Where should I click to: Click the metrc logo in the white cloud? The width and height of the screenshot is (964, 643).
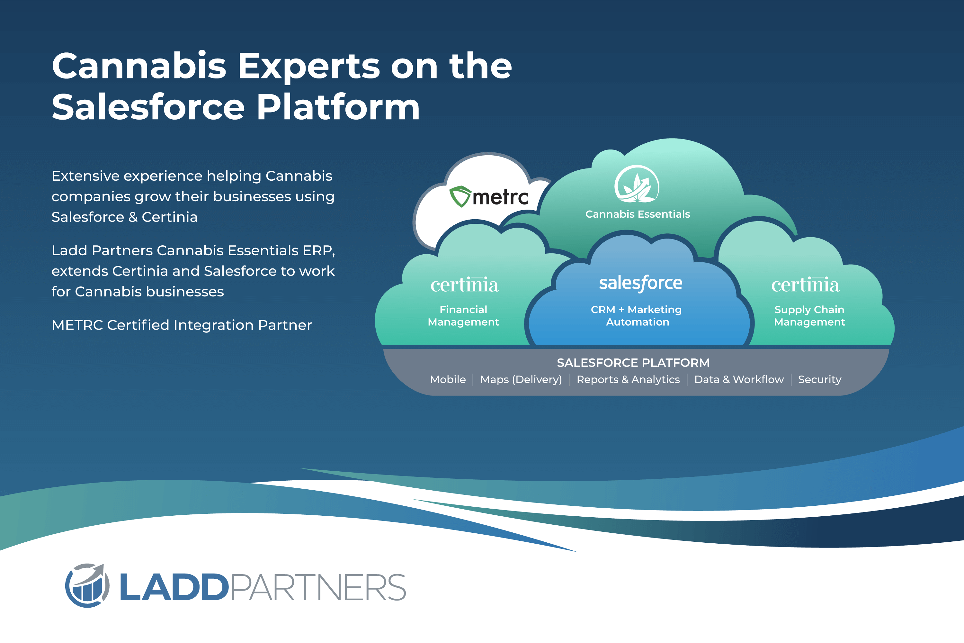pyautogui.click(x=488, y=196)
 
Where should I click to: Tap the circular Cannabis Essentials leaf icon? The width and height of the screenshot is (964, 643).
pyautogui.click(x=637, y=184)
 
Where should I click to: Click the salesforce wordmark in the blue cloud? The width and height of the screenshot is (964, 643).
pyautogui.click(x=641, y=283)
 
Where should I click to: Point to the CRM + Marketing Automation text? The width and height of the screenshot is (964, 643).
pyautogui.click(x=637, y=315)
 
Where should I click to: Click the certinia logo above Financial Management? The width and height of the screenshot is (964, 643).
pyautogui.click(x=464, y=284)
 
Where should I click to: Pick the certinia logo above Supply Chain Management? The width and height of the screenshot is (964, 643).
pyautogui.click(x=805, y=284)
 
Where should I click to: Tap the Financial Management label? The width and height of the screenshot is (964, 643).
pyautogui.click(x=463, y=315)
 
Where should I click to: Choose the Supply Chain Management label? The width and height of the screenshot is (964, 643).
pyautogui.click(x=809, y=315)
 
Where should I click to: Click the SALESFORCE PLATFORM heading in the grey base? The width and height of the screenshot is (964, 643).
pyautogui.click(x=633, y=363)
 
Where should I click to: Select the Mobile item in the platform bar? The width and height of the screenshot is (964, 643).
pyautogui.click(x=448, y=379)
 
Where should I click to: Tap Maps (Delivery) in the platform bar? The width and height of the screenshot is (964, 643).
pyautogui.click(x=521, y=380)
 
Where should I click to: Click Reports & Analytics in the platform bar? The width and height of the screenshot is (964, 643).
pyautogui.click(x=628, y=380)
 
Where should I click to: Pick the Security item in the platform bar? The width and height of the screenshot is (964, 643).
pyautogui.click(x=819, y=380)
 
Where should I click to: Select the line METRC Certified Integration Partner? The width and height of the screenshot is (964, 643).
pyautogui.click(x=182, y=325)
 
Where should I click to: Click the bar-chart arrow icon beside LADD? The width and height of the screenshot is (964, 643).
pyautogui.click(x=87, y=585)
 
